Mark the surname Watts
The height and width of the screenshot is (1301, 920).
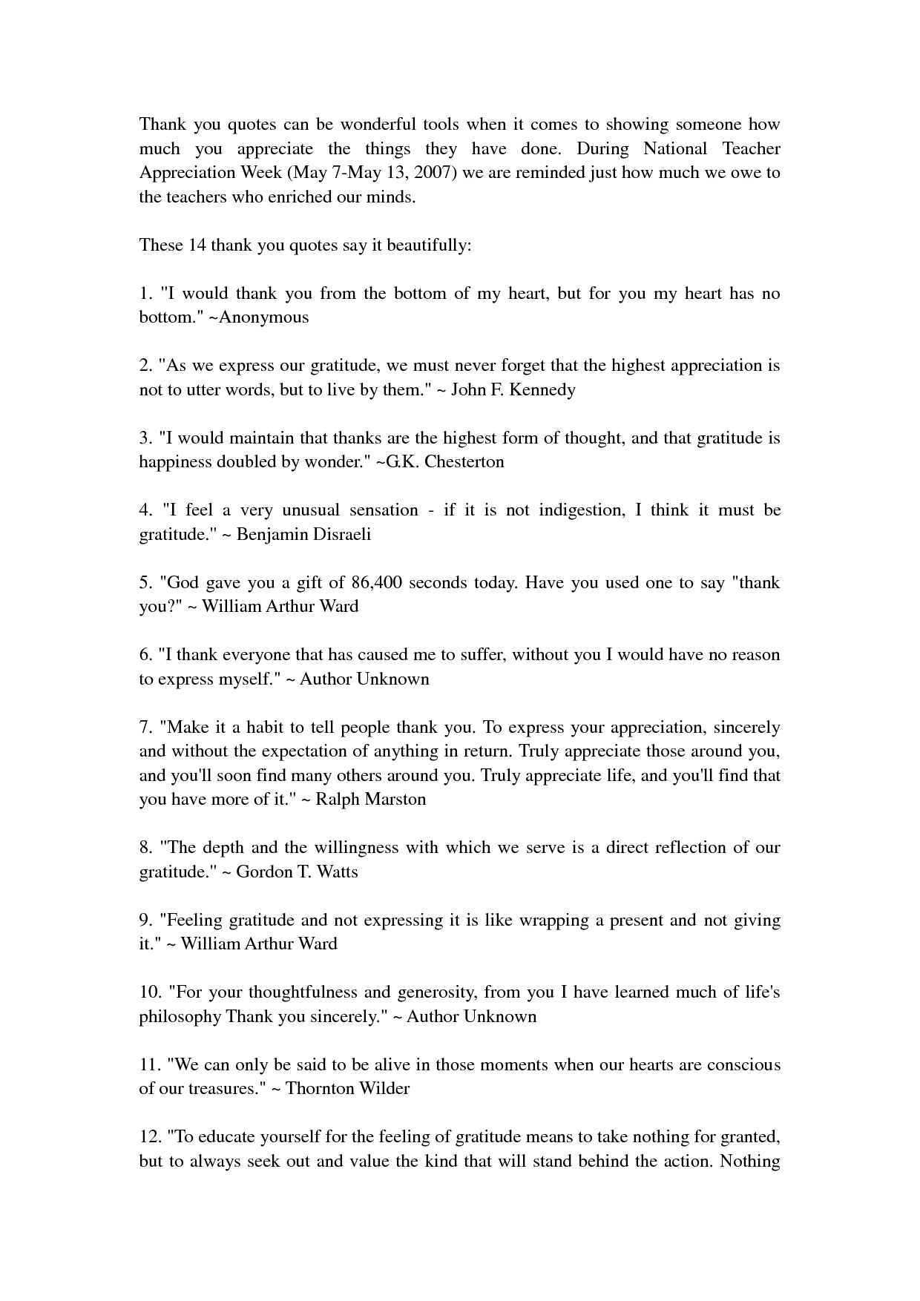point(337,872)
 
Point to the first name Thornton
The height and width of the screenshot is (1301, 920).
point(320,1088)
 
